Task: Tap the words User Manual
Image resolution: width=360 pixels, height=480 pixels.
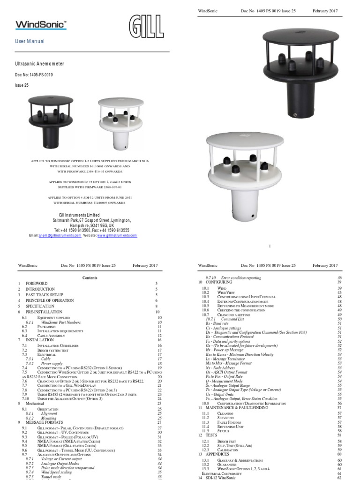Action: (30, 41)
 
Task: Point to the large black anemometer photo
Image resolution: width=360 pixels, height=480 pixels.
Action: (300, 70)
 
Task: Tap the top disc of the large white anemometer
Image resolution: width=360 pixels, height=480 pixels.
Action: (246, 145)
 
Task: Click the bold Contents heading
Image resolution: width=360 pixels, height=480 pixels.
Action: (90, 277)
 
